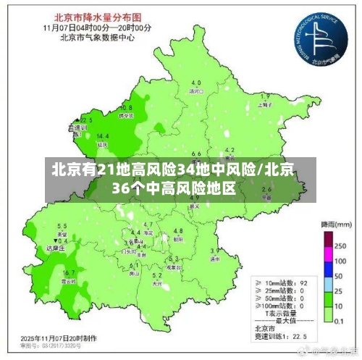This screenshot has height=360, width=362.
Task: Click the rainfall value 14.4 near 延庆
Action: pyautogui.click(x=103, y=135)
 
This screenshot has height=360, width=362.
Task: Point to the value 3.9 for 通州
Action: pyautogui.click(x=215, y=251)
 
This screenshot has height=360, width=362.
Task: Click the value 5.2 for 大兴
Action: pyautogui.click(x=156, y=275)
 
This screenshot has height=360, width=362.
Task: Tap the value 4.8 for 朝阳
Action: pyautogui.click(x=178, y=231)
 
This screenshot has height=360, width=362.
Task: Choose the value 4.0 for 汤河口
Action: pyautogui.click(x=195, y=83)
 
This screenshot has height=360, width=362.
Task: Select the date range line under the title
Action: pyautogui.click(x=96, y=27)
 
